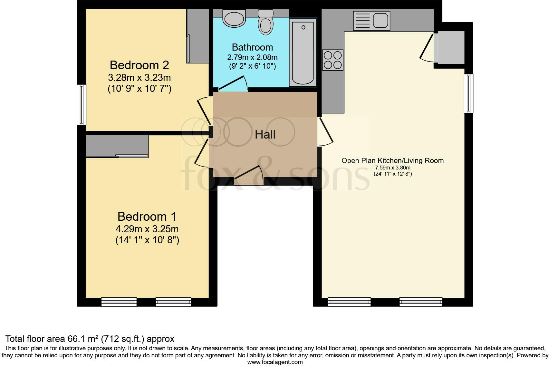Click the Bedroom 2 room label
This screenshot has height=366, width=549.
[x=139, y=65]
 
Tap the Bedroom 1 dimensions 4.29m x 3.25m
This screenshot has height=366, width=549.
[x=147, y=229]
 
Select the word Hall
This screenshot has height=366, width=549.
[x=265, y=134]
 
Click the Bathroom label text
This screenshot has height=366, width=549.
[x=252, y=47]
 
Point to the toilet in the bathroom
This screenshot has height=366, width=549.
[x=266, y=22]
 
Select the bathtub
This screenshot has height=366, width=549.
[x=303, y=53]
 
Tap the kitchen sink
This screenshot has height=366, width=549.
[x=371, y=21]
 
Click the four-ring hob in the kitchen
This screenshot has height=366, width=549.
[x=333, y=60]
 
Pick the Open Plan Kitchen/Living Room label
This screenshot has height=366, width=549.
[x=392, y=160]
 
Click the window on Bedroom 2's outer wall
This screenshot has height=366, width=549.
[x=82, y=105]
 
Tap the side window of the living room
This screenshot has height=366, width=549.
[x=468, y=93]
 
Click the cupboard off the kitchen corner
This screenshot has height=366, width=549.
[x=449, y=47]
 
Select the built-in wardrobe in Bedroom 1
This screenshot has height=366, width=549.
[x=117, y=146]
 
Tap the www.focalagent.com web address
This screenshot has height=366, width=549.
[x=275, y=362]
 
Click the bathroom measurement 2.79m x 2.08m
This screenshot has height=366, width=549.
[x=252, y=57]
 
